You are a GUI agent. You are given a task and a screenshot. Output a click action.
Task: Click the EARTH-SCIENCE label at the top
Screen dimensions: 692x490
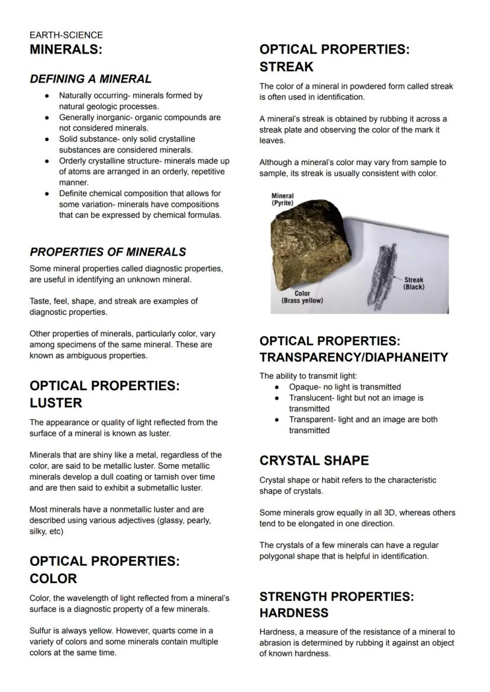tap(66, 36)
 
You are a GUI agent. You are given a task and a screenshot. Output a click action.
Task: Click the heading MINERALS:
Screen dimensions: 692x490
tap(66, 50)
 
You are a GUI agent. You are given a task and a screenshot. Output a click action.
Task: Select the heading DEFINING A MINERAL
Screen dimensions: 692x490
tap(91, 79)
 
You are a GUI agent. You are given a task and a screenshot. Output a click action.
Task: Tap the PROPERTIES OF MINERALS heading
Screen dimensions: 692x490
tap(108, 252)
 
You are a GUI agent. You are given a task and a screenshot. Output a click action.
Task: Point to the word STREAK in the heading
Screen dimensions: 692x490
tap(286, 67)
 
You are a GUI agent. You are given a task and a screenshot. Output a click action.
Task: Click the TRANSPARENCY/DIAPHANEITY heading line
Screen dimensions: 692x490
tap(353, 358)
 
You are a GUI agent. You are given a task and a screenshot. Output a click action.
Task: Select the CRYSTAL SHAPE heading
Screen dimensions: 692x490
tap(314, 461)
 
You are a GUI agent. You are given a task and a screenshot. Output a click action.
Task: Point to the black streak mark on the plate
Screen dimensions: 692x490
tap(379, 272)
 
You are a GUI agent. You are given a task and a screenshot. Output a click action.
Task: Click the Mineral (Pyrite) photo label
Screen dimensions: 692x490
tap(282, 199)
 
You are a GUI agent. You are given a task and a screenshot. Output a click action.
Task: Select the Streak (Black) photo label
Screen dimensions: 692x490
tap(414, 284)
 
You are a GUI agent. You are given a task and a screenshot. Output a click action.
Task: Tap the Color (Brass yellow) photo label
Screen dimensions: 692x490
tap(302, 297)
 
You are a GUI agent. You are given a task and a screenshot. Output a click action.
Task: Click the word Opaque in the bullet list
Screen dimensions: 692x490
tap(303, 387)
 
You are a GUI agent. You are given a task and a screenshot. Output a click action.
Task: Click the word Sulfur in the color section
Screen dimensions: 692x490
tap(41, 630)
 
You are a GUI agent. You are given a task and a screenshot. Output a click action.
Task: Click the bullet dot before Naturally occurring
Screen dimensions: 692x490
tap(47, 96)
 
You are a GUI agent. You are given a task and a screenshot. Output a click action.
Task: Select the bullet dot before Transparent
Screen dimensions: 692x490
tap(277, 420)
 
